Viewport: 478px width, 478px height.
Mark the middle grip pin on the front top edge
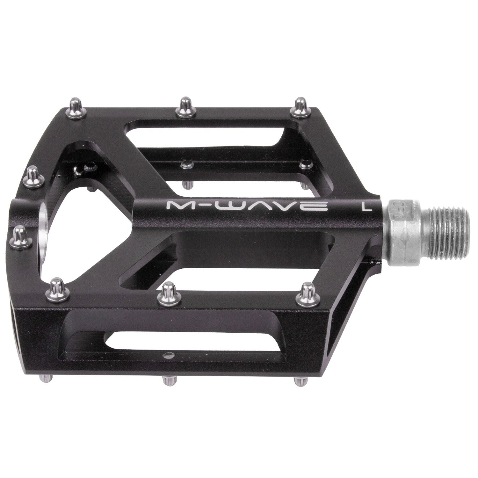point(167,292)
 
